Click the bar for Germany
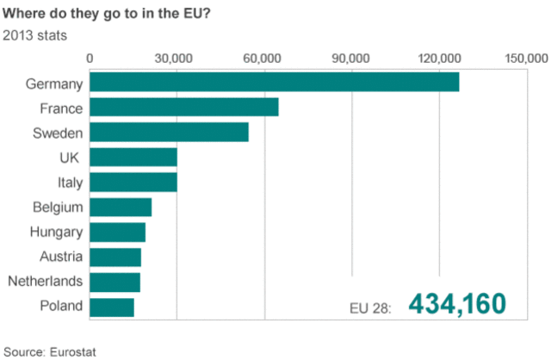pyautogui.click(x=274, y=83)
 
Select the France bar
pyautogui.click(x=184, y=108)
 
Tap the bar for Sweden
pyautogui.click(x=169, y=133)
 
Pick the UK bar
pyautogui.click(x=133, y=158)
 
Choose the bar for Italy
pyautogui.click(x=133, y=183)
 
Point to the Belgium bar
pyautogui.click(x=121, y=208)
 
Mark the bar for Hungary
pyautogui.click(x=118, y=233)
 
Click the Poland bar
pyautogui.click(x=112, y=307)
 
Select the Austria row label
pyautogui.click(x=61, y=257)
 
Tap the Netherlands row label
pyautogui.click(x=45, y=282)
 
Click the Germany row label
pyautogui.click(x=54, y=84)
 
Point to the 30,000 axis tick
pyautogui.click(x=175, y=58)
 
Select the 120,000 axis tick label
pyautogui.click(x=439, y=58)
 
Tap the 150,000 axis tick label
pyautogui.click(x=525, y=58)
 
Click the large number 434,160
pyautogui.click(x=456, y=304)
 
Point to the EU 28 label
pyautogui.click(x=370, y=307)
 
